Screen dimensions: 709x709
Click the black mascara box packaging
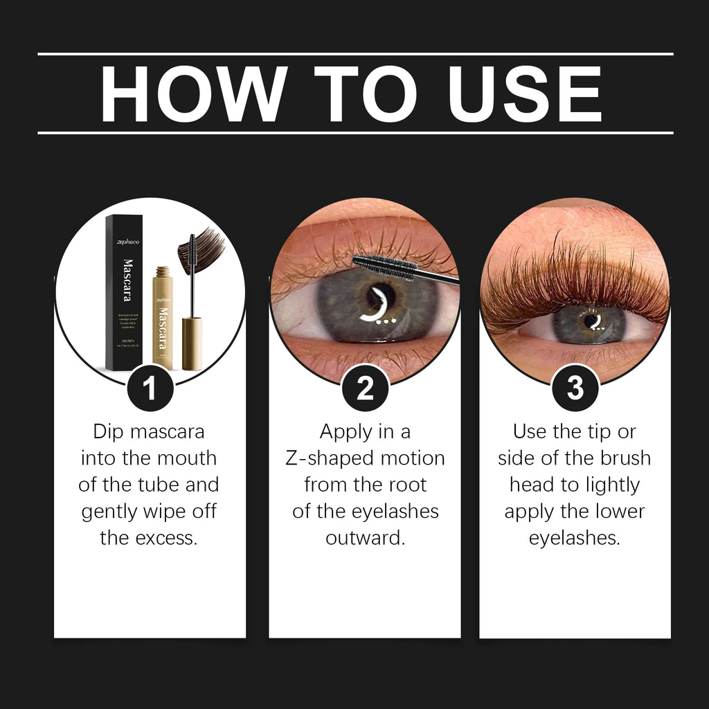pos(124,291)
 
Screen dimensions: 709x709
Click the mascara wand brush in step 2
pos(384,266)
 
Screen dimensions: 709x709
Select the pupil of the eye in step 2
pos(381,298)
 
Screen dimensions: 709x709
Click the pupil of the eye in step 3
pos(590,320)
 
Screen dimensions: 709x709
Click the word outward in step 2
pos(365,538)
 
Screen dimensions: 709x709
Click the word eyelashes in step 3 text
pos(575,538)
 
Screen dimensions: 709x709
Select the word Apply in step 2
pos(345,431)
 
